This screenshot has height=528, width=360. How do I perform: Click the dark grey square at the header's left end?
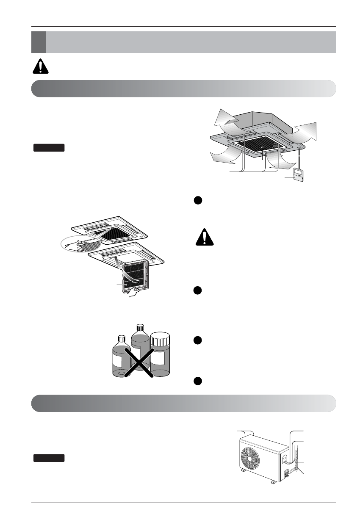tap(38, 41)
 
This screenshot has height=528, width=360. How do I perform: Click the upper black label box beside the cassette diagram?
tap(49, 148)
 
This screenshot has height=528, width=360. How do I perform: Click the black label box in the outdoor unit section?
tap(49, 458)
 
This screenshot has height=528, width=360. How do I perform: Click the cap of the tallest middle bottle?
tap(140, 327)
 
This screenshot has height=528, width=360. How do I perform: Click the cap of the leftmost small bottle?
tap(122, 339)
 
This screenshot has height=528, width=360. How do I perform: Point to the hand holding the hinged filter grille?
tap(133, 292)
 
